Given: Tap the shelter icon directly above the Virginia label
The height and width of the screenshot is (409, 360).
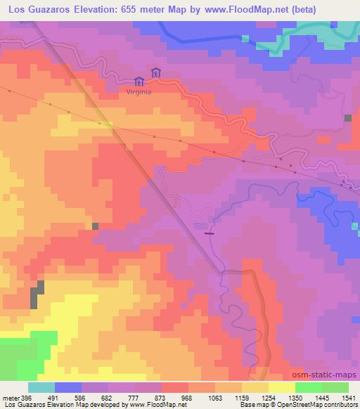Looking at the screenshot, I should pyautogui.click(x=139, y=81).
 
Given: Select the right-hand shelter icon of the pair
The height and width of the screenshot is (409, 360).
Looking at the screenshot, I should pyautogui.click(x=155, y=72).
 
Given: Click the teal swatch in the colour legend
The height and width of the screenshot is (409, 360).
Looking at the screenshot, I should pyautogui.click(x=41, y=387).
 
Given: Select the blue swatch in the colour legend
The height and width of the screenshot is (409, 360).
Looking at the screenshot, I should pyautogui.click(x=68, y=387).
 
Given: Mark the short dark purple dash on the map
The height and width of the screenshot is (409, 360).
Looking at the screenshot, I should pyautogui.click(x=209, y=233).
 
